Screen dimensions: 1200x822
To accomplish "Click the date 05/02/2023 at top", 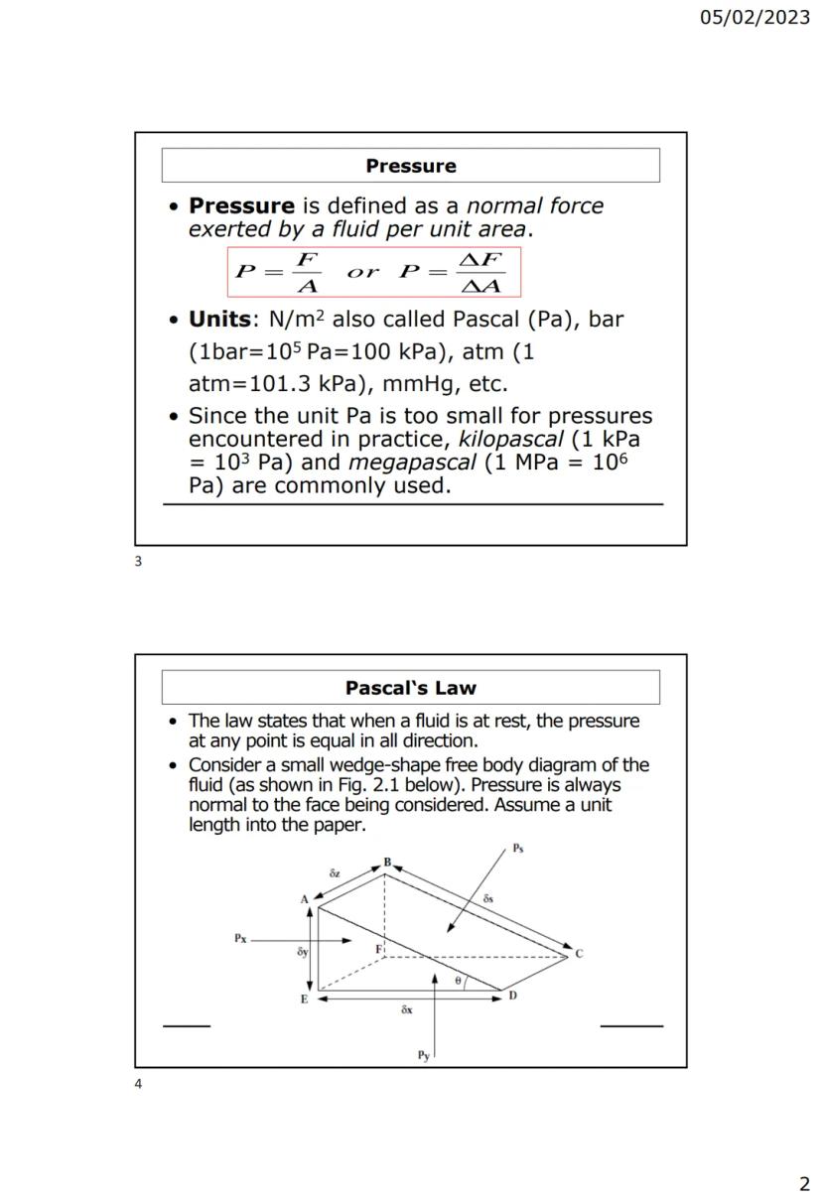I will coord(754,18).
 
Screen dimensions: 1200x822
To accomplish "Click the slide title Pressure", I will coord(410,166).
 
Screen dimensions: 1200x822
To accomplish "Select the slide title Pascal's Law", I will coord(410,688).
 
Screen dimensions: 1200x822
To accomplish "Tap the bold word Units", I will coord(225,321).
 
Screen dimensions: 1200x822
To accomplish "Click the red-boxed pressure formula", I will coord(373,272).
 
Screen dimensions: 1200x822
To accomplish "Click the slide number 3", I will coord(138,562).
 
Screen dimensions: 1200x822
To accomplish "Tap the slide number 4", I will coord(138,1084).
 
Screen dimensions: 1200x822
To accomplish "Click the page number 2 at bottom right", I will coord(804,1183).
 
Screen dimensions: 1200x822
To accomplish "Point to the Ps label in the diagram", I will coord(518,848).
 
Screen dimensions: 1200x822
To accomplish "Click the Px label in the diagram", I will coord(240,937).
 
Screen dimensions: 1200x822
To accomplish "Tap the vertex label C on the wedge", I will coord(579,954).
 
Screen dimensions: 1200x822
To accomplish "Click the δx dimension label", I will coord(407,1009).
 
